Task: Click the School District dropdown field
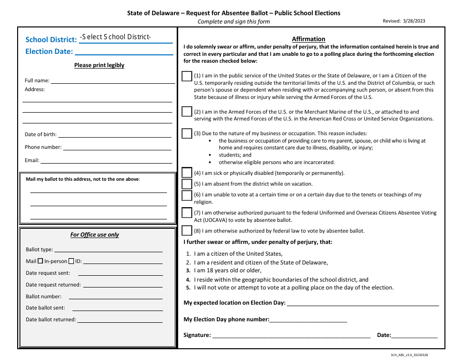pyautogui.click(x=125, y=37)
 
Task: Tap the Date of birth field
pyautogui.click(x=115, y=134)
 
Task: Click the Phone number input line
pyautogui.click(x=117, y=146)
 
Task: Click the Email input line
pyautogui.click(x=106, y=160)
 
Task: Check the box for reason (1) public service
pyautogui.click(x=186, y=76)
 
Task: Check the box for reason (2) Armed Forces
pyautogui.click(x=186, y=112)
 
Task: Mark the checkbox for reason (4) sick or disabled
pyautogui.click(x=186, y=172)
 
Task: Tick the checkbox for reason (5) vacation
pyautogui.click(x=186, y=184)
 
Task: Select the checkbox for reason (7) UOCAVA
pyautogui.click(x=186, y=213)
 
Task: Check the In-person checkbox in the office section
pyautogui.click(x=71, y=261)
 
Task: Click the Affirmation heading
pyautogui.click(x=308, y=39)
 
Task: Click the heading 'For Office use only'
pyautogui.click(x=94, y=235)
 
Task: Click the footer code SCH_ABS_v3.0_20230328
pyautogui.click(x=412, y=355)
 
